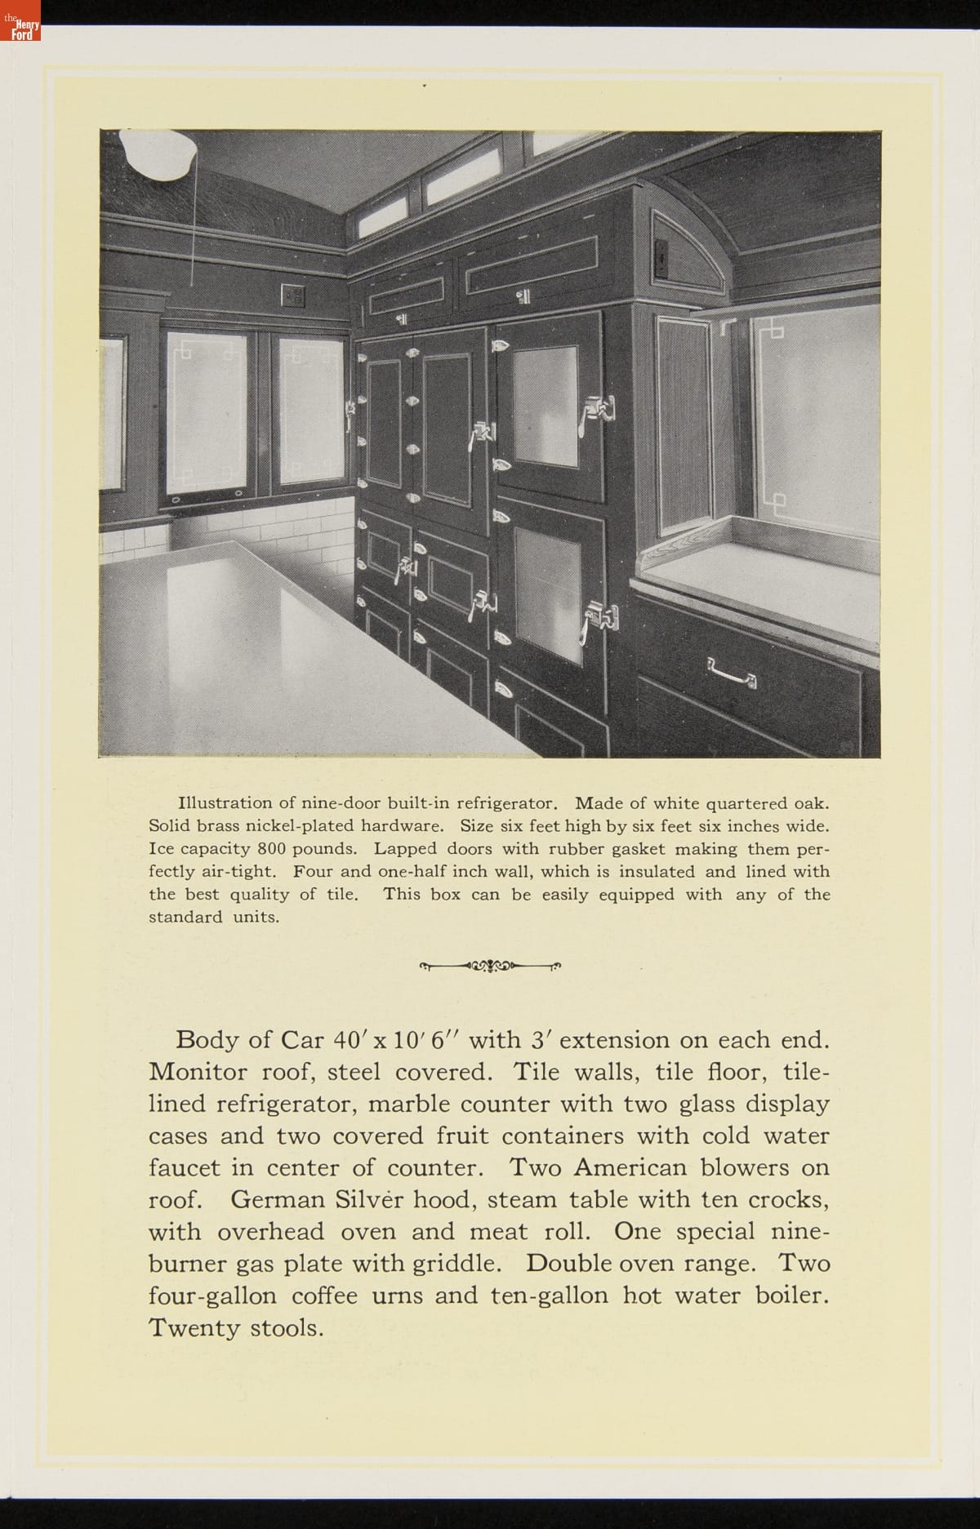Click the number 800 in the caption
271,848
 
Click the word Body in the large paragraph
207,1040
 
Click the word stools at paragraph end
286,1327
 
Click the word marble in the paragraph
409,1104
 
